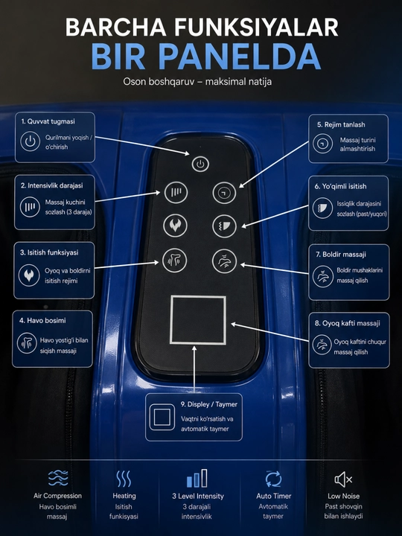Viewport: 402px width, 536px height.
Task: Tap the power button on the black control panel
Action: click(x=200, y=164)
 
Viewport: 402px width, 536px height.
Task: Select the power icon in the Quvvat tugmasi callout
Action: click(x=30, y=141)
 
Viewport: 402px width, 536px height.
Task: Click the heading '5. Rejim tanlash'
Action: click(x=341, y=125)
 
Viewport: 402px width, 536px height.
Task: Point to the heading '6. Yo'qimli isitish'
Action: click(x=340, y=186)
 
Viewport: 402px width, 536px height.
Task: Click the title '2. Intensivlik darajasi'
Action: click(x=51, y=185)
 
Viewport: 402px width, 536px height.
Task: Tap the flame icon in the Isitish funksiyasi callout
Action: click(x=29, y=275)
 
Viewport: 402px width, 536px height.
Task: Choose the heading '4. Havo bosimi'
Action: click(x=42, y=321)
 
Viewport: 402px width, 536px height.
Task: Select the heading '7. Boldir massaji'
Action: click(x=340, y=255)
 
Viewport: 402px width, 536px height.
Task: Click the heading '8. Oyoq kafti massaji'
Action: click(x=347, y=323)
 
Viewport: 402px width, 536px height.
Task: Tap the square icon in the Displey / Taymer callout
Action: click(x=162, y=417)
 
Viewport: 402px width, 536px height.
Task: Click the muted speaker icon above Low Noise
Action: click(x=343, y=479)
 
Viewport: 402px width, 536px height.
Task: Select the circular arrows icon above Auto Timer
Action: click(x=273, y=479)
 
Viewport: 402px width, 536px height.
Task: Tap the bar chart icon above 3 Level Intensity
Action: click(x=197, y=478)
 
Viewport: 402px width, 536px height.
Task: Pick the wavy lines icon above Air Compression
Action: click(x=58, y=478)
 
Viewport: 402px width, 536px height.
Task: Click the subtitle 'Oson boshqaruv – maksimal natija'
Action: click(x=197, y=82)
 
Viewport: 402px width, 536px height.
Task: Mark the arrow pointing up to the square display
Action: click(x=194, y=369)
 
